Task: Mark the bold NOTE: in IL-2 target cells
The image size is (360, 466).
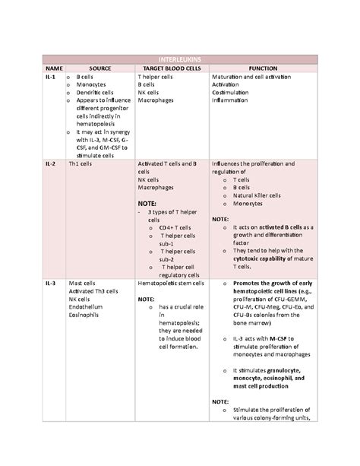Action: pos(150,204)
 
